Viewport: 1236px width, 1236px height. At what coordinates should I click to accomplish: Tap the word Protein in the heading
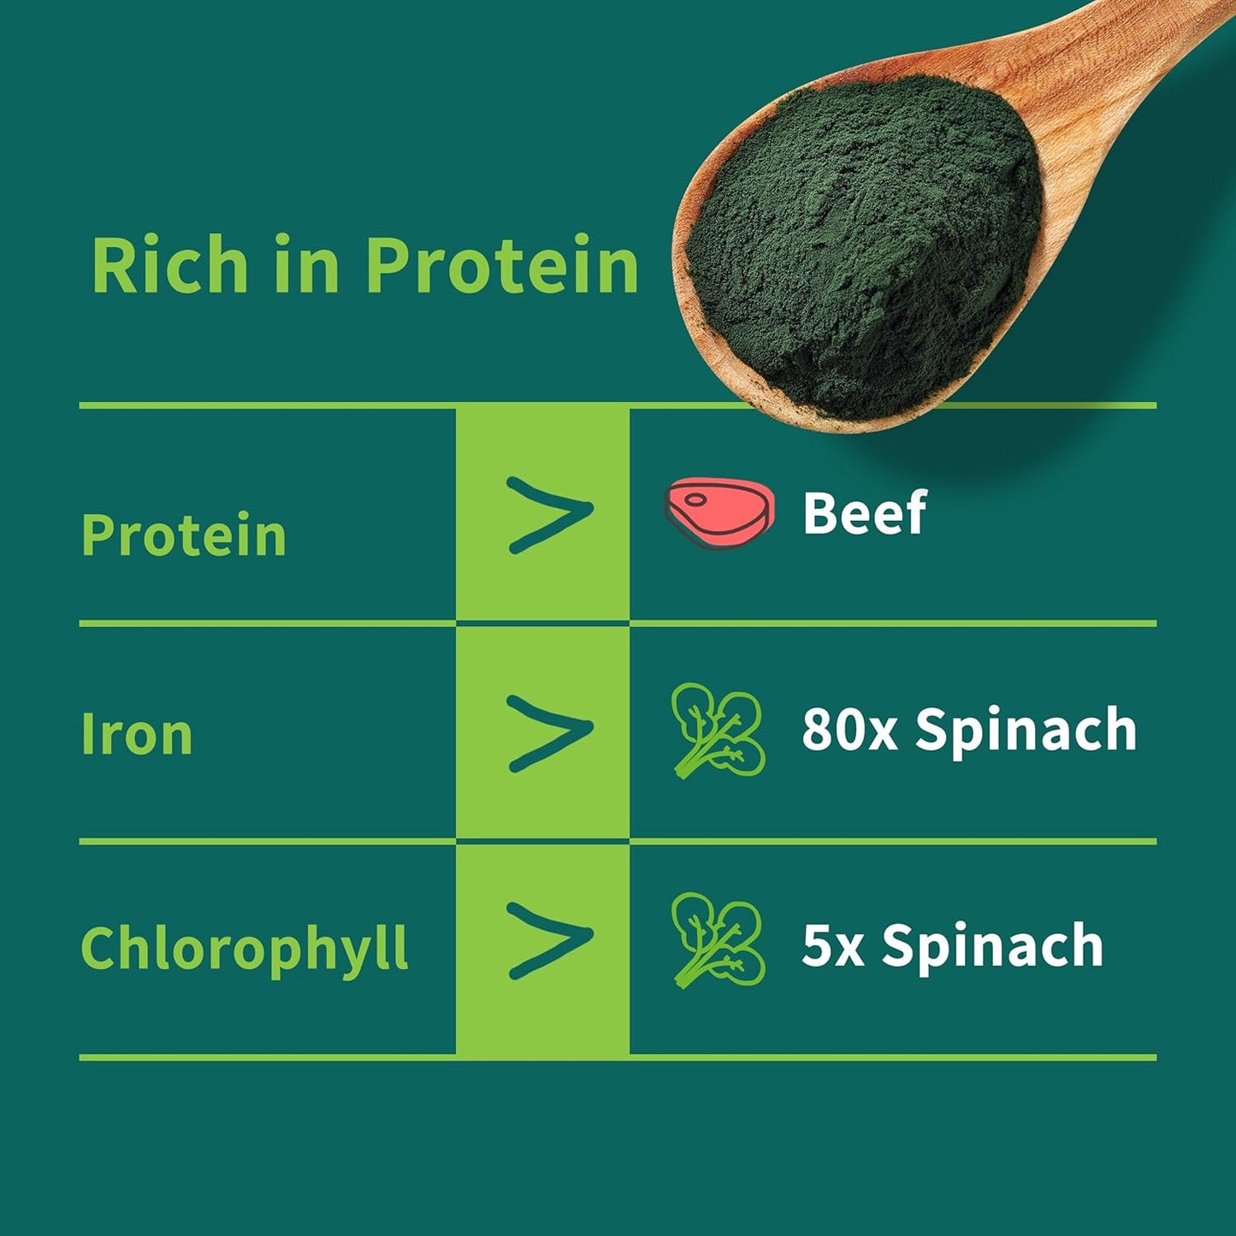click(502, 266)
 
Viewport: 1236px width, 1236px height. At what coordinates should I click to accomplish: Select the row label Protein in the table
click(184, 535)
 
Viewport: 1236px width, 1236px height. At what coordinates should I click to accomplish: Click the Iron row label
click(137, 735)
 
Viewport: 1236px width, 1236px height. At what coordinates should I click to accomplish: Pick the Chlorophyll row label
click(245, 949)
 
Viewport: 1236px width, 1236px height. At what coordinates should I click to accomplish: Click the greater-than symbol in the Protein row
click(549, 514)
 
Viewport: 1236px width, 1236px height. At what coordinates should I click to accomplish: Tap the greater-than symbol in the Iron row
click(549, 732)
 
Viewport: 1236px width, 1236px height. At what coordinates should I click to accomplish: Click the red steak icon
click(719, 512)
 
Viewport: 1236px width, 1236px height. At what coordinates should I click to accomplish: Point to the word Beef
click(865, 513)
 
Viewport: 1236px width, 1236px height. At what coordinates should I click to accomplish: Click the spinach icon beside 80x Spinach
click(717, 730)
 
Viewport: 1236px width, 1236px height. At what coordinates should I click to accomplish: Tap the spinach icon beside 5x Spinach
click(717, 939)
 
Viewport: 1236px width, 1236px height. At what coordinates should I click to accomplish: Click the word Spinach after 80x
click(1026, 731)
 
